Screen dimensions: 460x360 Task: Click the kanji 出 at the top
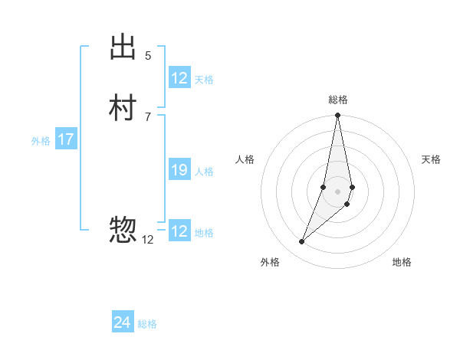click(x=123, y=47)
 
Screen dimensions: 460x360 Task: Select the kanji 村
click(x=123, y=109)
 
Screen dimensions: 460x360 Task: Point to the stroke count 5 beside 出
click(x=148, y=56)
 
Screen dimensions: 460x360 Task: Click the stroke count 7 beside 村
click(x=148, y=116)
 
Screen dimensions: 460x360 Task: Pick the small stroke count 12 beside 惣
click(x=148, y=239)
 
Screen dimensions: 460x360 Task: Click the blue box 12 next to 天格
click(x=179, y=78)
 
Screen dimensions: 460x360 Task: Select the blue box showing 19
click(x=179, y=170)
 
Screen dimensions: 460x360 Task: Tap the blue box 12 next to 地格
click(x=179, y=231)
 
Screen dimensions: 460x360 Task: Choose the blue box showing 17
click(x=66, y=139)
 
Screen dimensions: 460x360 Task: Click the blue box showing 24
click(x=123, y=322)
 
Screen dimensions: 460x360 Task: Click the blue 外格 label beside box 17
click(x=41, y=141)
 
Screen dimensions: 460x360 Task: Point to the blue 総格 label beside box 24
click(x=147, y=324)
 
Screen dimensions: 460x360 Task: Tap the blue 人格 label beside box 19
click(x=204, y=172)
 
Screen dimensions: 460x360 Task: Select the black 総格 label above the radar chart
click(x=337, y=100)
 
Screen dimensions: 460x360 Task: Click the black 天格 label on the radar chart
click(x=431, y=159)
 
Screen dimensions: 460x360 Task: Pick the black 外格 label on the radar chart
click(x=270, y=262)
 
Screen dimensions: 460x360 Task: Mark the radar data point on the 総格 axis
click(x=337, y=116)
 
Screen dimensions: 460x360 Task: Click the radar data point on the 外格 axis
click(x=301, y=242)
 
